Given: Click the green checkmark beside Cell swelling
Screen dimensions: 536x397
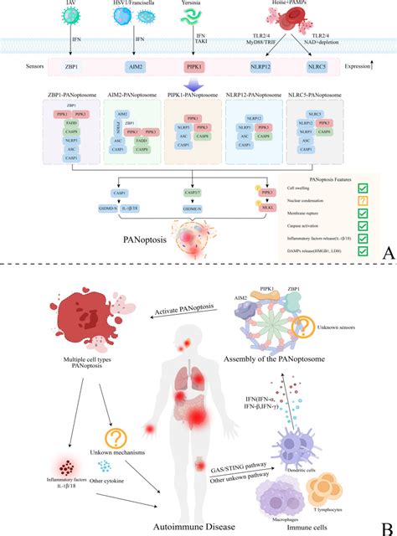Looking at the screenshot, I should pyautogui.click(x=363, y=190).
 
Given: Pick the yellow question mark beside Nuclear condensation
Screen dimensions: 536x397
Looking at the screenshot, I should pyautogui.click(x=363, y=205).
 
